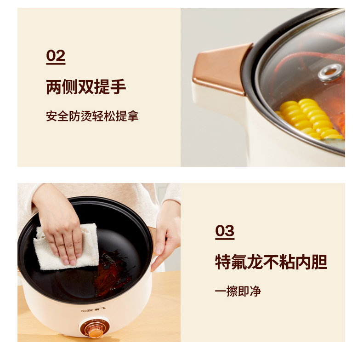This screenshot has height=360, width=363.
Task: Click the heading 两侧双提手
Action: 86,87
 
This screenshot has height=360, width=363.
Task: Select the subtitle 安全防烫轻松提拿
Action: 92,116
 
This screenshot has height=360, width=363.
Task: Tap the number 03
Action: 225,231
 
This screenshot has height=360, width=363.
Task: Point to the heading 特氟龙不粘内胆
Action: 271,262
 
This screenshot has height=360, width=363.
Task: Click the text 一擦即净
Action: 238,291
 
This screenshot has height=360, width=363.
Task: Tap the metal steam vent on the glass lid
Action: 331,73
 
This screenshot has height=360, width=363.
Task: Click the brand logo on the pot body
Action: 94,309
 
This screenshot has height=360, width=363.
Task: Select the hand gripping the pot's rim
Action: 165,236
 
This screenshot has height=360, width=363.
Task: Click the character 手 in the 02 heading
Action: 118,87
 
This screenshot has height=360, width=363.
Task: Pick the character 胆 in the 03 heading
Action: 319,262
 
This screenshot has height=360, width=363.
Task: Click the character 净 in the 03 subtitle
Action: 255,291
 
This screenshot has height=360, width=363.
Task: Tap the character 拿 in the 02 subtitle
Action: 133,116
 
